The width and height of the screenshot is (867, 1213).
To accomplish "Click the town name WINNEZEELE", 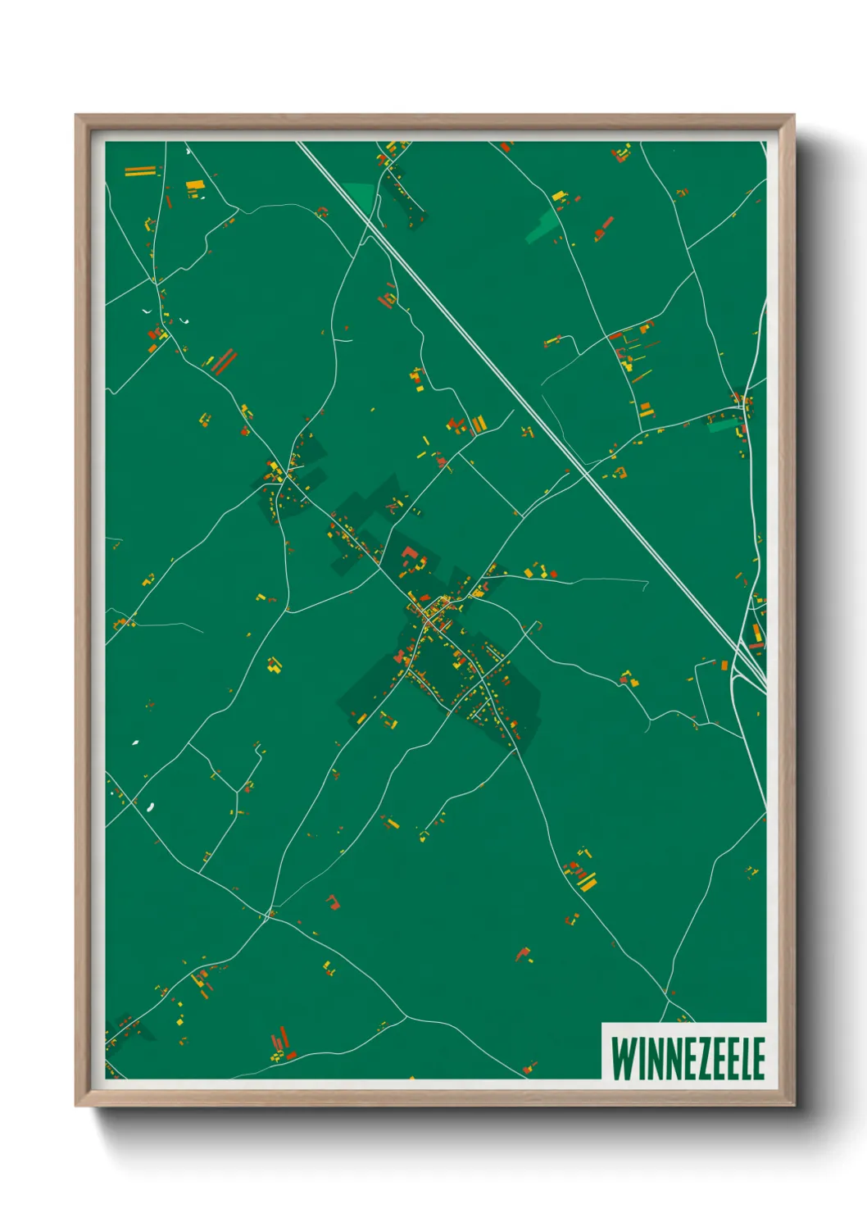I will [x=688, y=1059].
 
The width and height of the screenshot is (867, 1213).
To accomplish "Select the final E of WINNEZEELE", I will [x=759, y=1059].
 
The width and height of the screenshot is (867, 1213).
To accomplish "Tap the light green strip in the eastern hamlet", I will [x=720, y=425].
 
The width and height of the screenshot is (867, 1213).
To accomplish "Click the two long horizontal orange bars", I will [x=140, y=171].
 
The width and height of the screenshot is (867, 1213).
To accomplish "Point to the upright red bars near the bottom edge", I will [x=281, y=1038].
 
